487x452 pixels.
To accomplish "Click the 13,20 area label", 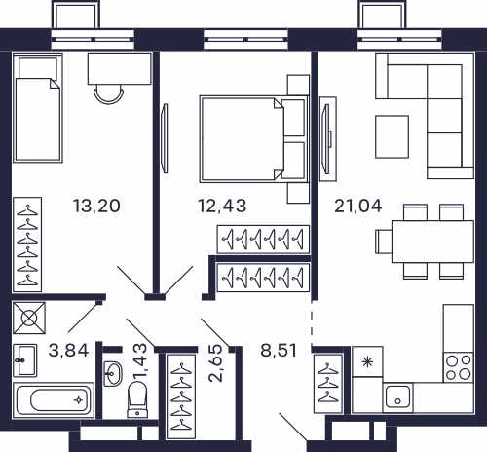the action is pos(96,206).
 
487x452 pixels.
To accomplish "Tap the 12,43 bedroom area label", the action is pos(222,206).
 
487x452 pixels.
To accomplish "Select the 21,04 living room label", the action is pos(358,206).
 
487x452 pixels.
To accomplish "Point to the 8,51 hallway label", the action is pos(279,351).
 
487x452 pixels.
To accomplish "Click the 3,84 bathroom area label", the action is pos(68,351).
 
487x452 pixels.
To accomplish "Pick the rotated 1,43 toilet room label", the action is pos(140,362).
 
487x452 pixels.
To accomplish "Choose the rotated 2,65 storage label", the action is pos(215,362).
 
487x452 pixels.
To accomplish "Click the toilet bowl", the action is pos(137,399).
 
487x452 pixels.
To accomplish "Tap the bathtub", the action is pos(54,399).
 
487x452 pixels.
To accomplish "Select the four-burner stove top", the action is pos(459,367).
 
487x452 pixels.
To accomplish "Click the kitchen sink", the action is pos(397,396).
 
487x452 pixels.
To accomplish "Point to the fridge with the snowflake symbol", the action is pos(367,361).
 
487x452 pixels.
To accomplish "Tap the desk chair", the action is pos(109,94).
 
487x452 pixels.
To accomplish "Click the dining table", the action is pos(432,242).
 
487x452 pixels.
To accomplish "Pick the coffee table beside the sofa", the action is pos(392,136).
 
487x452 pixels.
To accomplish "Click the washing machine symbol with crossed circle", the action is pos(29,318).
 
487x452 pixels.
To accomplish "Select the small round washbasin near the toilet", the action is pos(113,374).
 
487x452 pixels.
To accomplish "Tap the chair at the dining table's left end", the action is pos(384,242).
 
